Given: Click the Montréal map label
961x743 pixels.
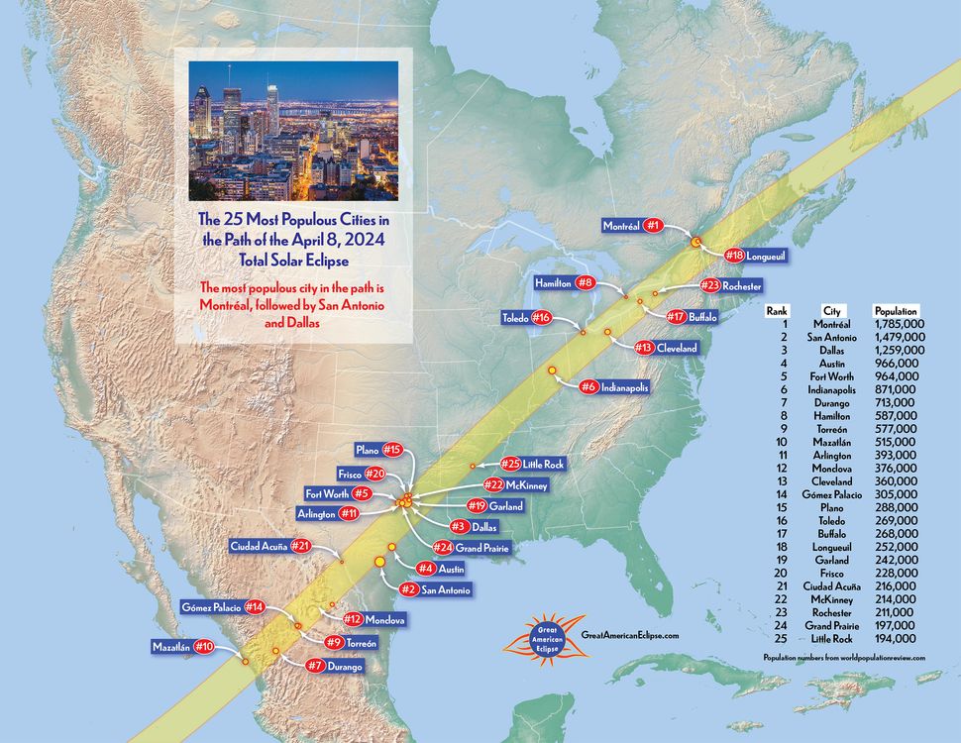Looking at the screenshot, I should coord(621,226).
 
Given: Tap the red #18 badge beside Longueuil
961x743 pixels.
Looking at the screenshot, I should coord(734,255).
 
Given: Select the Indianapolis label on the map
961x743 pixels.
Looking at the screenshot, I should coord(624,387).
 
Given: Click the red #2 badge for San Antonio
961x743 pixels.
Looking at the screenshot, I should coord(406,589).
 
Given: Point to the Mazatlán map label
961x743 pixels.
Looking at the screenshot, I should coord(170,647).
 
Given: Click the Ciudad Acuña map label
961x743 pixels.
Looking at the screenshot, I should coord(259,546).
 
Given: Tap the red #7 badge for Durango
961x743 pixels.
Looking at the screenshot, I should coord(317,666).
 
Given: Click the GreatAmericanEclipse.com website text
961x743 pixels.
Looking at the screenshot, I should coord(630,634).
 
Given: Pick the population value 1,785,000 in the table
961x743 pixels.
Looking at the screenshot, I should coord(900,324).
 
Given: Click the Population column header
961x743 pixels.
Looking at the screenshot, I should coord(896,310).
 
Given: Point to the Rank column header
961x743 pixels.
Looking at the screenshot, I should coord(777,310).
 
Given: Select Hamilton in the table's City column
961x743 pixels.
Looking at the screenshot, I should coord(831,415).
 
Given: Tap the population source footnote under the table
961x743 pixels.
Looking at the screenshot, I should coord(844,658).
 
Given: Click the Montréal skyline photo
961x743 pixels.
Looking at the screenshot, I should coord(293,131).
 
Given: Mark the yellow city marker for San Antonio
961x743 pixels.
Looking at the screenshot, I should coord(378,562).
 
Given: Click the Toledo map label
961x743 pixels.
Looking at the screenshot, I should coord(514,318).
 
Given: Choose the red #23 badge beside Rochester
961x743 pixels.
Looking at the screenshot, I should coord(709,285).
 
